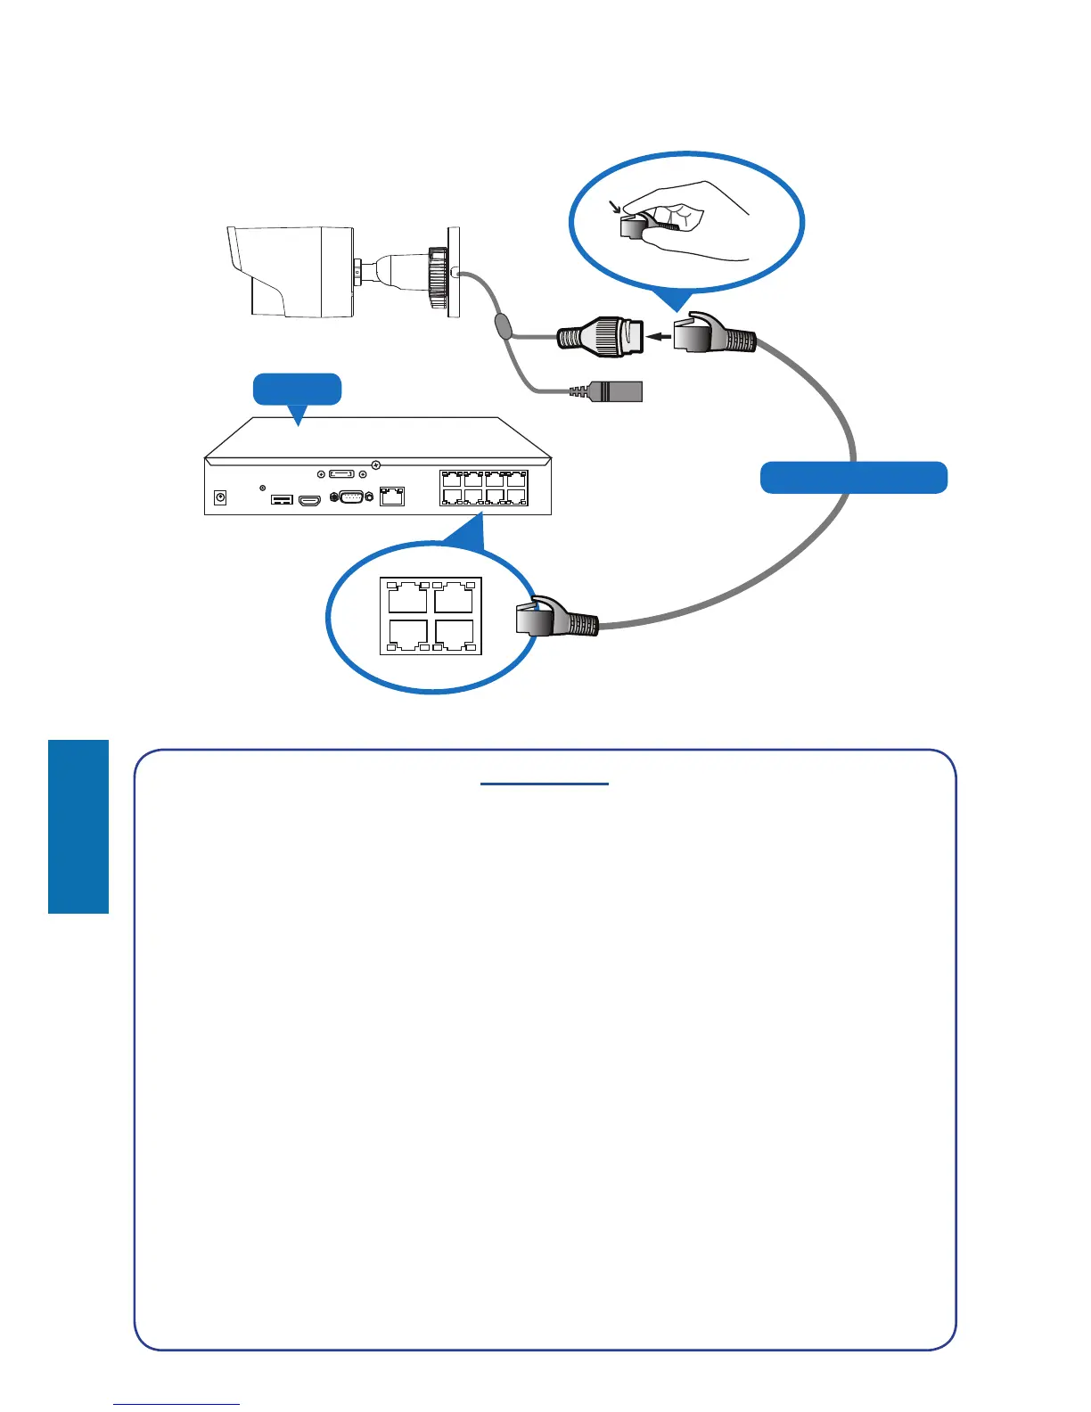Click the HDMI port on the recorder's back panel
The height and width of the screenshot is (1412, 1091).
(309, 500)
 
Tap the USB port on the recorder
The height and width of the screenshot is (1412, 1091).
(282, 499)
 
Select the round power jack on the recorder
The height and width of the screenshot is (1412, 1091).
(220, 497)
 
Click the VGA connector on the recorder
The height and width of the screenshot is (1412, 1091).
(351, 497)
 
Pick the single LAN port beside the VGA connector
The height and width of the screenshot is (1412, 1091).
(392, 497)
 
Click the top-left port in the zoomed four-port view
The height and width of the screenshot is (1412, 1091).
(408, 596)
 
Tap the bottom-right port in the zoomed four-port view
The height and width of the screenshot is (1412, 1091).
(454, 635)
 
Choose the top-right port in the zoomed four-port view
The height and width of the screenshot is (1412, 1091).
(454, 596)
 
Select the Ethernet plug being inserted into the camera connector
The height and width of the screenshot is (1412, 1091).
(713, 336)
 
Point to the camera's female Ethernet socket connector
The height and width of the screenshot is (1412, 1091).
(600, 337)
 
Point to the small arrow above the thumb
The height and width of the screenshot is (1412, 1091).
(614, 207)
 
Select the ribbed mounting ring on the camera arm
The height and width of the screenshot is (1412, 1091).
(437, 276)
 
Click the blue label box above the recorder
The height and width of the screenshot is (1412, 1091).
(297, 390)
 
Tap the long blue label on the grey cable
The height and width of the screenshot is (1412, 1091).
(853, 478)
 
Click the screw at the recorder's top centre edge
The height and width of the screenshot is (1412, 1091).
(376, 464)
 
